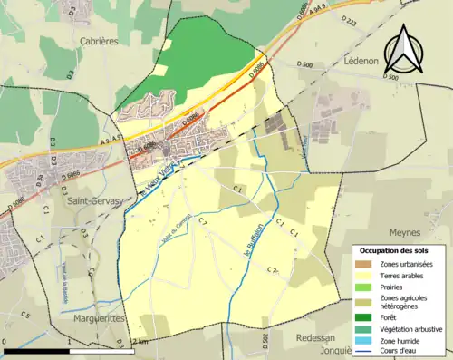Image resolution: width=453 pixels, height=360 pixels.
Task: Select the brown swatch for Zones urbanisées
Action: click(x=369, y=263)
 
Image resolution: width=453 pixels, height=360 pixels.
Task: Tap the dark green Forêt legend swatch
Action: click(x=369, y=316)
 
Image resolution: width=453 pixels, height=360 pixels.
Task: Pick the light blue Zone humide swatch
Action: click(x=369, y=341)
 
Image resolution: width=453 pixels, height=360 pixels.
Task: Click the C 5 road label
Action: click(x=26, y=315)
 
